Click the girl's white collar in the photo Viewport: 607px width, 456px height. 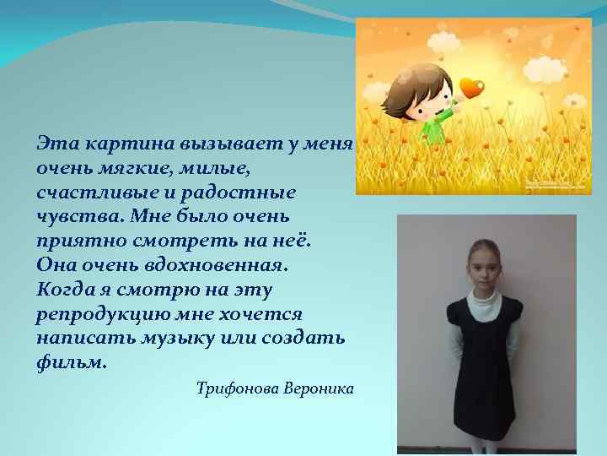coord(485,300)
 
